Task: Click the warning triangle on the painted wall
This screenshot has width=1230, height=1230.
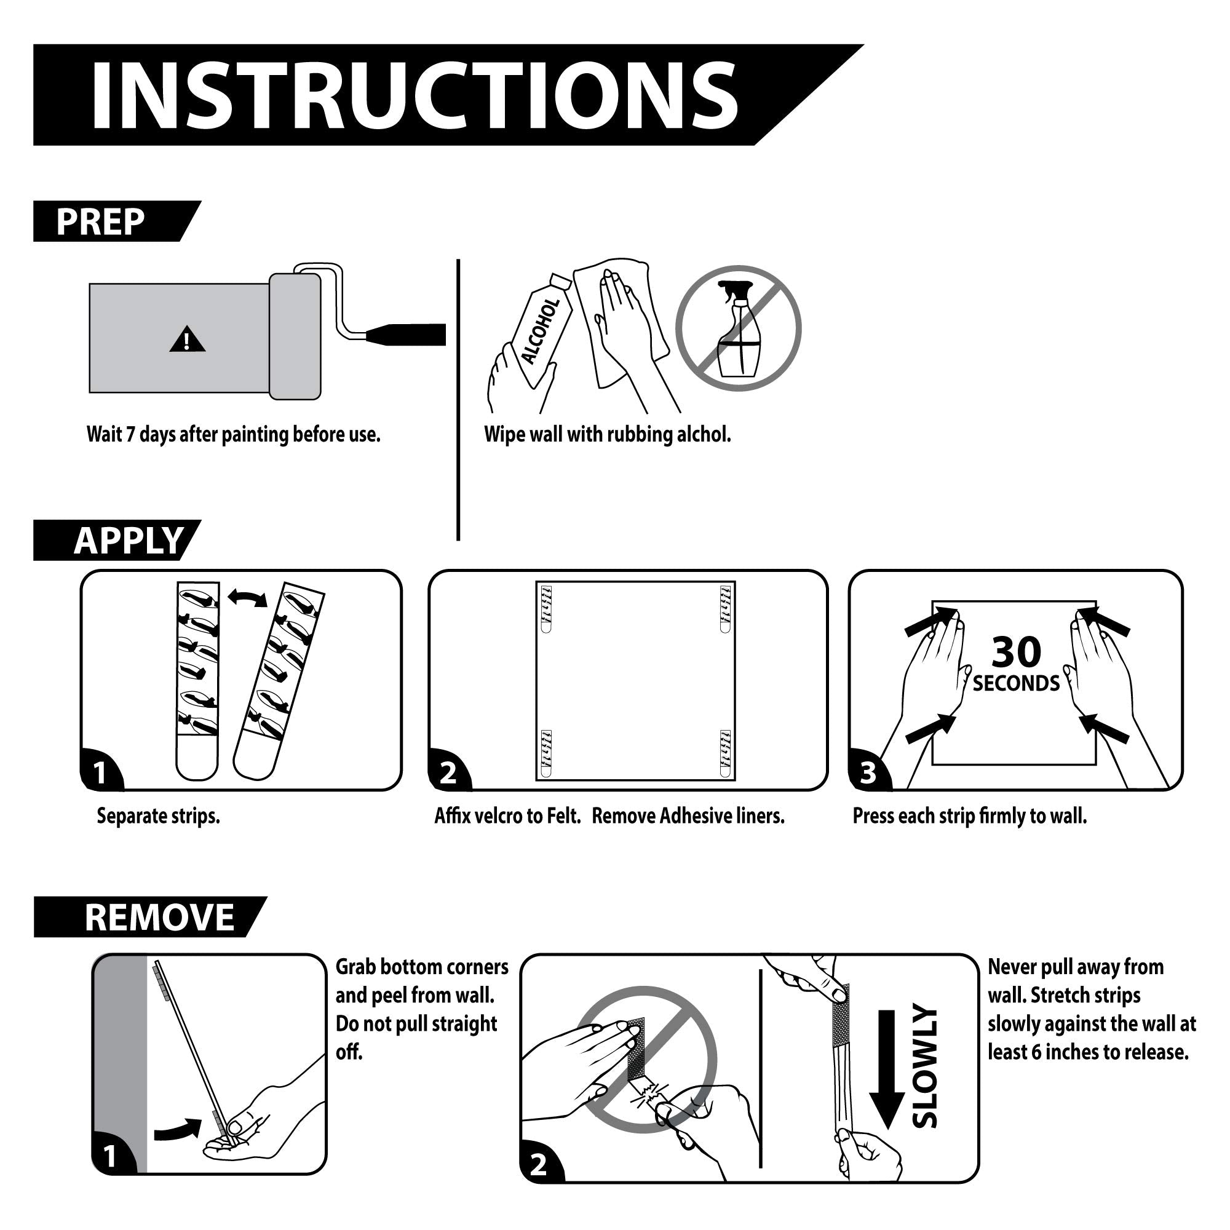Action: pyautogui.click(x=187, y=339)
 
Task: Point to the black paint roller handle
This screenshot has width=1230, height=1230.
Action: pyautogui.click(x=408, y=334)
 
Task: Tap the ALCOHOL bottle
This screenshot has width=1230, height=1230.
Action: pyautogui.click(x=541, y=331)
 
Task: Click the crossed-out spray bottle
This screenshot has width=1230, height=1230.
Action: pyautogui.click(x=739, y=328)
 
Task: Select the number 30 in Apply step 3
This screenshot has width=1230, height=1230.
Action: pyautogui.click(x=1016, y=651)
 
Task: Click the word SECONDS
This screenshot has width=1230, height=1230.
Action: pyautogui.click(x=1016, y=683)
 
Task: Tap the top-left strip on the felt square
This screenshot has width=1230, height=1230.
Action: pyautogui.click(x=546, y=609)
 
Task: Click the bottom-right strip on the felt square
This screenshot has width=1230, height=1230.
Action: pyautogui.click(x=726, y=753)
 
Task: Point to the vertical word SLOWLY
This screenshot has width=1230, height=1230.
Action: pyautogui.click(x=924, y=1065)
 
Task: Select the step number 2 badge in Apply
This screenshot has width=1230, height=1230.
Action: pyautogui.click(x=449, y=773)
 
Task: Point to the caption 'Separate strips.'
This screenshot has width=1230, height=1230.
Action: pyautogui.click(x=159, y=815)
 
